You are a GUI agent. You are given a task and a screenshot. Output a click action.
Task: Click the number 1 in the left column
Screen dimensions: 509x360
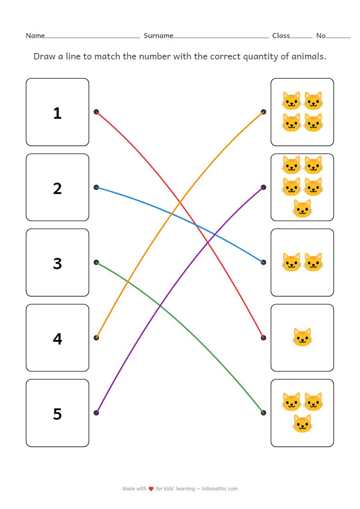click(57, 113)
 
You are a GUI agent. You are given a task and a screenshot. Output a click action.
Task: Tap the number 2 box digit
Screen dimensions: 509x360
click(57, 188)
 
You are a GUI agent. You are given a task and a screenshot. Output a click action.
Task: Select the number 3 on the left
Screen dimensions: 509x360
click(57, 263)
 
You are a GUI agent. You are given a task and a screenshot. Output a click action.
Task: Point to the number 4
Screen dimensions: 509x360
click(57, 339)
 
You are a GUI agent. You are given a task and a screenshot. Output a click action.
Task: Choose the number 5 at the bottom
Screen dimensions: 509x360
click(57, 414)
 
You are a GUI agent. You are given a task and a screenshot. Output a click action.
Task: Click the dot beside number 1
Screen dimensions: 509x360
click(96, 111)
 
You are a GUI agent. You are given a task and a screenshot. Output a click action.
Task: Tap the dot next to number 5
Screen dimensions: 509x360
click(96, 412)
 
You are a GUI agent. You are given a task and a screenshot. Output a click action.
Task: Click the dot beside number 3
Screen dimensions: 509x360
click(96, 262)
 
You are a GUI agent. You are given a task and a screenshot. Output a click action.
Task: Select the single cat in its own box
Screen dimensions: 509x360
click(302, 338)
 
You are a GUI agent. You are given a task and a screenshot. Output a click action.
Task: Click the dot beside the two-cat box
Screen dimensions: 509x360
click(263, 262)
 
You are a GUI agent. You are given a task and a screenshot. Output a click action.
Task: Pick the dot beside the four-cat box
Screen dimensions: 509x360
click(263, 111)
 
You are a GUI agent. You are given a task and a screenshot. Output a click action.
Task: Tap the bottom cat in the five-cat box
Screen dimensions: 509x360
click(302, 208)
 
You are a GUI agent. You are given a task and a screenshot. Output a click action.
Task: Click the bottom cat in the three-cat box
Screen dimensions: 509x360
click(302, 423)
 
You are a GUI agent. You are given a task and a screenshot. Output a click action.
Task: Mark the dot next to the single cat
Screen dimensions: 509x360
click(263, 337)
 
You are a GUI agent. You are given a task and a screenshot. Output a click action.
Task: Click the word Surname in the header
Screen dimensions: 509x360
click(158, 35)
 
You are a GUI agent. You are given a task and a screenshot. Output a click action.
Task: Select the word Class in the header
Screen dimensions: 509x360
click(281, 35)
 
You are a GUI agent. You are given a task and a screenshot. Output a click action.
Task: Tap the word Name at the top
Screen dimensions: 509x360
click(35, 35)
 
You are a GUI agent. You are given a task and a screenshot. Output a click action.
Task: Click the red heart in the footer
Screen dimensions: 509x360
click(151, 489)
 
